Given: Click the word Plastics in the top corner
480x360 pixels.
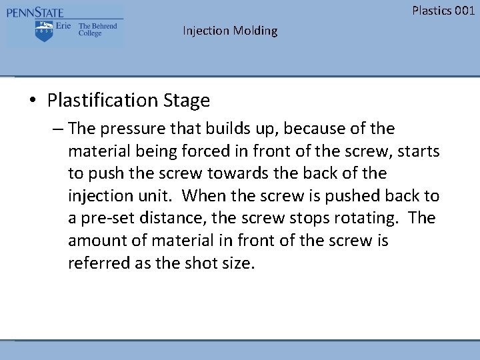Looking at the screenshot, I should tap(431, 10).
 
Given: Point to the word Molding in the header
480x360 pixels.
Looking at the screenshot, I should tap(255, 31).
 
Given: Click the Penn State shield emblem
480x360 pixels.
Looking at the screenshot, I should tap(44, 31).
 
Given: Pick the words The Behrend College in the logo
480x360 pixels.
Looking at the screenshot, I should tap(97, 30).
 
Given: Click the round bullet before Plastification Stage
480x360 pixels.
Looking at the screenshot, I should tap(32, 101).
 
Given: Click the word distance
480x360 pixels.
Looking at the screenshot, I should tap(170, 219).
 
